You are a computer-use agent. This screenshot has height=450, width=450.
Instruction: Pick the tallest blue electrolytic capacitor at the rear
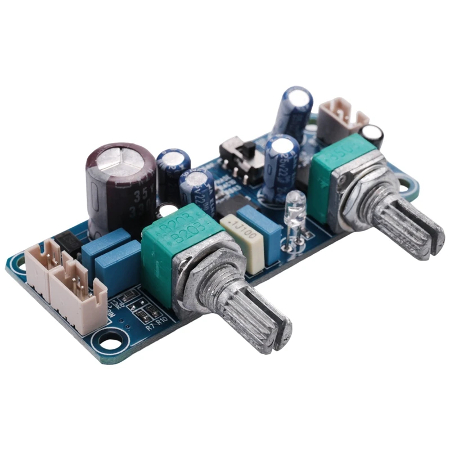(x=292, y=110)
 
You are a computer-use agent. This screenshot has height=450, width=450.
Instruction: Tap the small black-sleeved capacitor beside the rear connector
(x=372, y=135)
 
